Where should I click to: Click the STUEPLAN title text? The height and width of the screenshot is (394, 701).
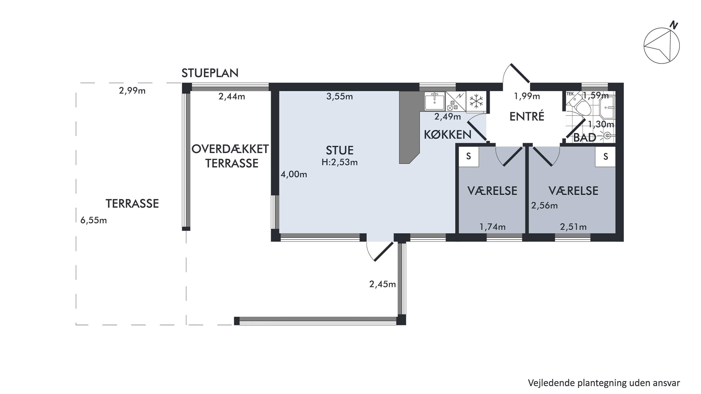pos(210,73)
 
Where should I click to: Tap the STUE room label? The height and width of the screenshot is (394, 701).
pos(340,150)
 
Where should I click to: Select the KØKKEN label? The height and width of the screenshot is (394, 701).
pos(448,135)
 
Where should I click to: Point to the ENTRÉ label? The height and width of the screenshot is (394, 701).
pos(527,116)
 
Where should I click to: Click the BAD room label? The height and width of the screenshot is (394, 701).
pos(585,138)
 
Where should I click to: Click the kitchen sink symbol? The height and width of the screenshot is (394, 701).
pos(435,101)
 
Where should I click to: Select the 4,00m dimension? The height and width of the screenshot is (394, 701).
pos(294,174)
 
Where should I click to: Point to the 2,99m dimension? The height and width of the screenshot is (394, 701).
pos(132,91)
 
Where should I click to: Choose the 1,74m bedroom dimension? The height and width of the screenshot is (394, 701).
pos(492,227)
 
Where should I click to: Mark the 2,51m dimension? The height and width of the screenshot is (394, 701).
pos(573,227)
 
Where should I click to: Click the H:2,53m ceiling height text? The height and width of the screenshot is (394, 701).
pos(340,162)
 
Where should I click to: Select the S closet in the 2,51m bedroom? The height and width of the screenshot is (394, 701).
pos(605,157)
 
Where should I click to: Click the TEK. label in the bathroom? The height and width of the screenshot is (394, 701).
pos(570,94)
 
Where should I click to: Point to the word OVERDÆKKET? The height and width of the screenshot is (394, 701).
pos(230,149)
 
